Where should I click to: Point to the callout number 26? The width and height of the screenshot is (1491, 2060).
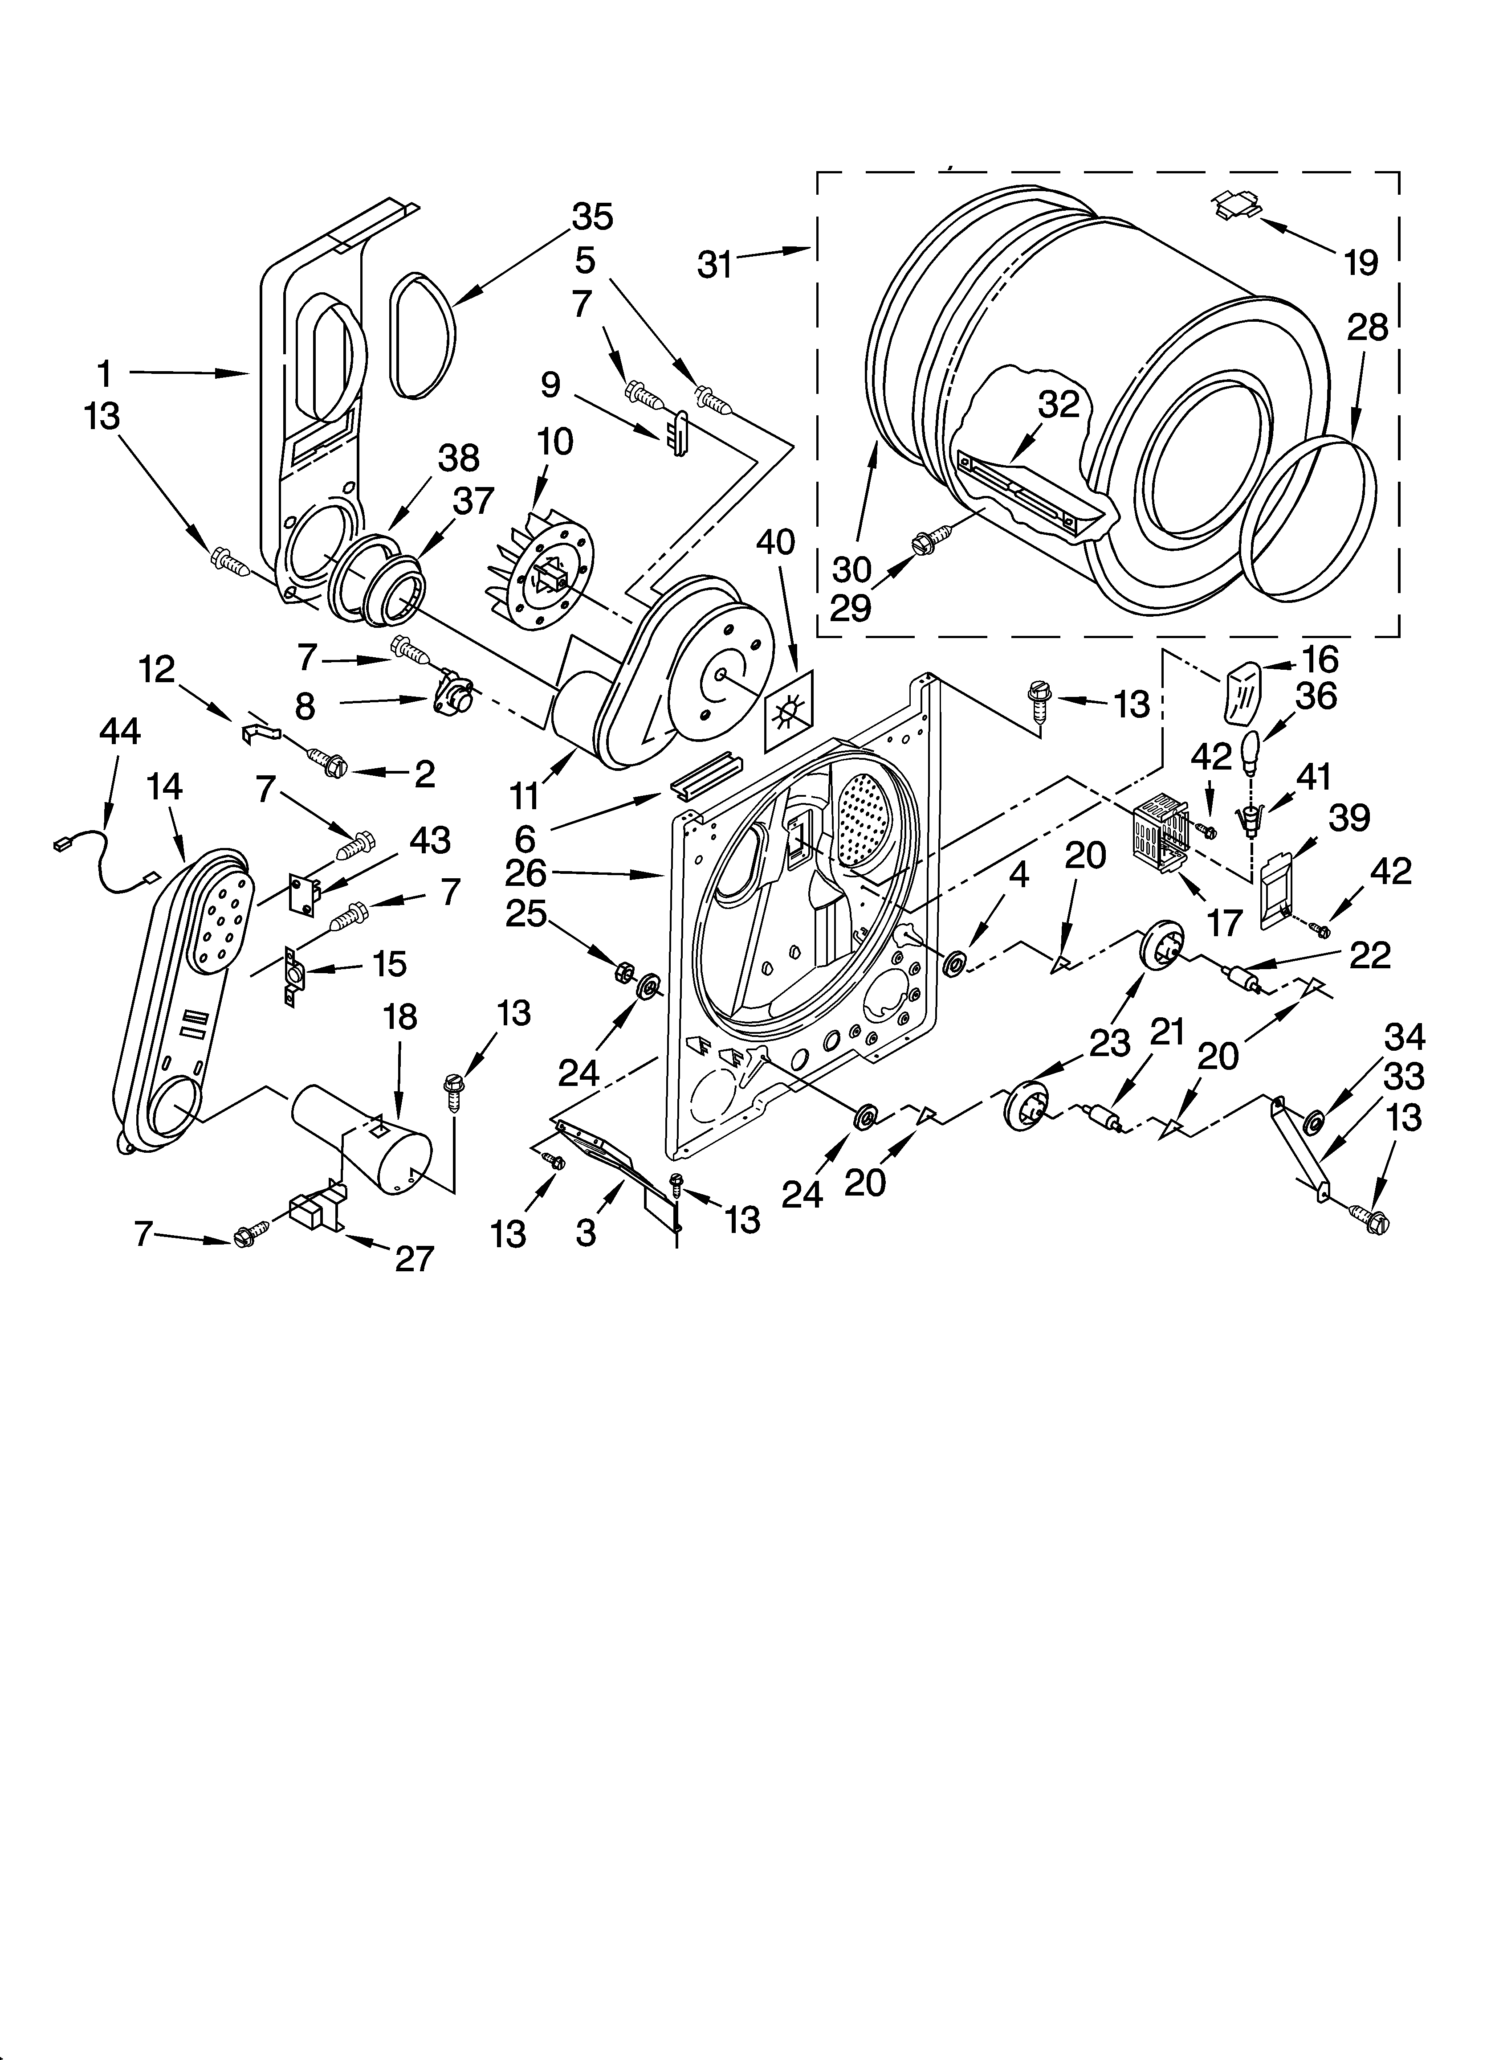click(526, 874)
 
